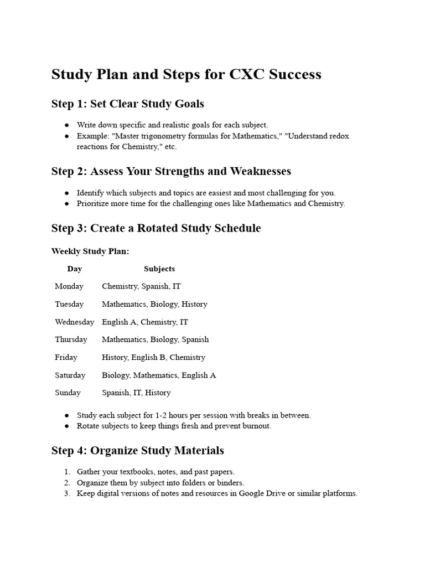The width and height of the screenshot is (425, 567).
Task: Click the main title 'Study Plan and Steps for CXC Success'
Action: [186, 74]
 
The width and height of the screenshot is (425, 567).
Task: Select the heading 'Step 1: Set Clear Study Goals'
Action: [128, 104]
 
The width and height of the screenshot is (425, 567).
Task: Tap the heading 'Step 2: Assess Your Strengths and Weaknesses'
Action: [171, 171]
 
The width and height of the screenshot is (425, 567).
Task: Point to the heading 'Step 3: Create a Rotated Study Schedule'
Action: [156, 228]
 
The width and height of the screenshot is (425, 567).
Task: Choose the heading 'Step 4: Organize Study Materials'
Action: [138, 450]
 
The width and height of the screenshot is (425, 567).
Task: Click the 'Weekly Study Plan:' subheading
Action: [90, 251]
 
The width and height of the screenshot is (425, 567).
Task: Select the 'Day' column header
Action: [75, 269]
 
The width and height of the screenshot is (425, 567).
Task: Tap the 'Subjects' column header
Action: [159, 269]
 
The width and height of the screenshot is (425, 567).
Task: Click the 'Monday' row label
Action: [69, 286]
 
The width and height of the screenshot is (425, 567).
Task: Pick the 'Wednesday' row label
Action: [74, 322]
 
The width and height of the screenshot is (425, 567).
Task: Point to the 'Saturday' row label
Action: [70, 375]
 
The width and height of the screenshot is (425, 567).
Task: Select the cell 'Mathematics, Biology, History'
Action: [154, 304]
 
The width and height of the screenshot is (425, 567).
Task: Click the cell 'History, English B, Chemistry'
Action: [153, 357]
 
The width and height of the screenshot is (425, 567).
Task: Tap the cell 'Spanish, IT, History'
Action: [136, 393]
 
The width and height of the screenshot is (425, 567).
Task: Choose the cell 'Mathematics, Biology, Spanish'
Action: [155, 339]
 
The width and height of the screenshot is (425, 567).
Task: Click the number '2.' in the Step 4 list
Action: [66, 482]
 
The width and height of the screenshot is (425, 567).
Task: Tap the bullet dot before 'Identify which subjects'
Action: [67, 193]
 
